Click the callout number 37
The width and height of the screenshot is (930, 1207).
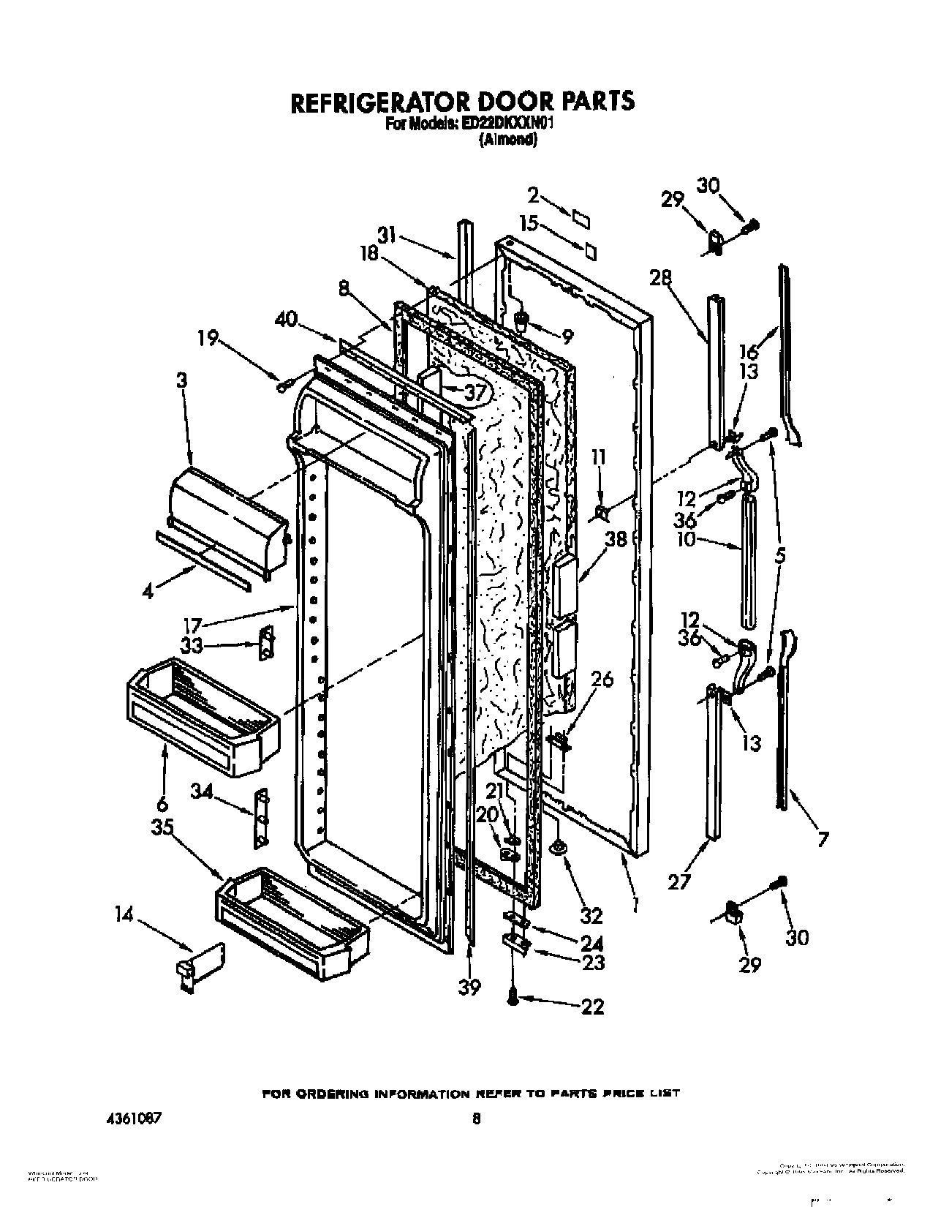[x=475, y=393]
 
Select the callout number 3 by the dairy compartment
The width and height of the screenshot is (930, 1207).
[x=182, y=381]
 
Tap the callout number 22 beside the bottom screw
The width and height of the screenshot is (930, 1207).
[x=592, y=1007]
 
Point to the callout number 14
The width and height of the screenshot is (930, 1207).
[x=124, y=915]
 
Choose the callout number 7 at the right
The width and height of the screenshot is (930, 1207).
[x=823, y=840]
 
